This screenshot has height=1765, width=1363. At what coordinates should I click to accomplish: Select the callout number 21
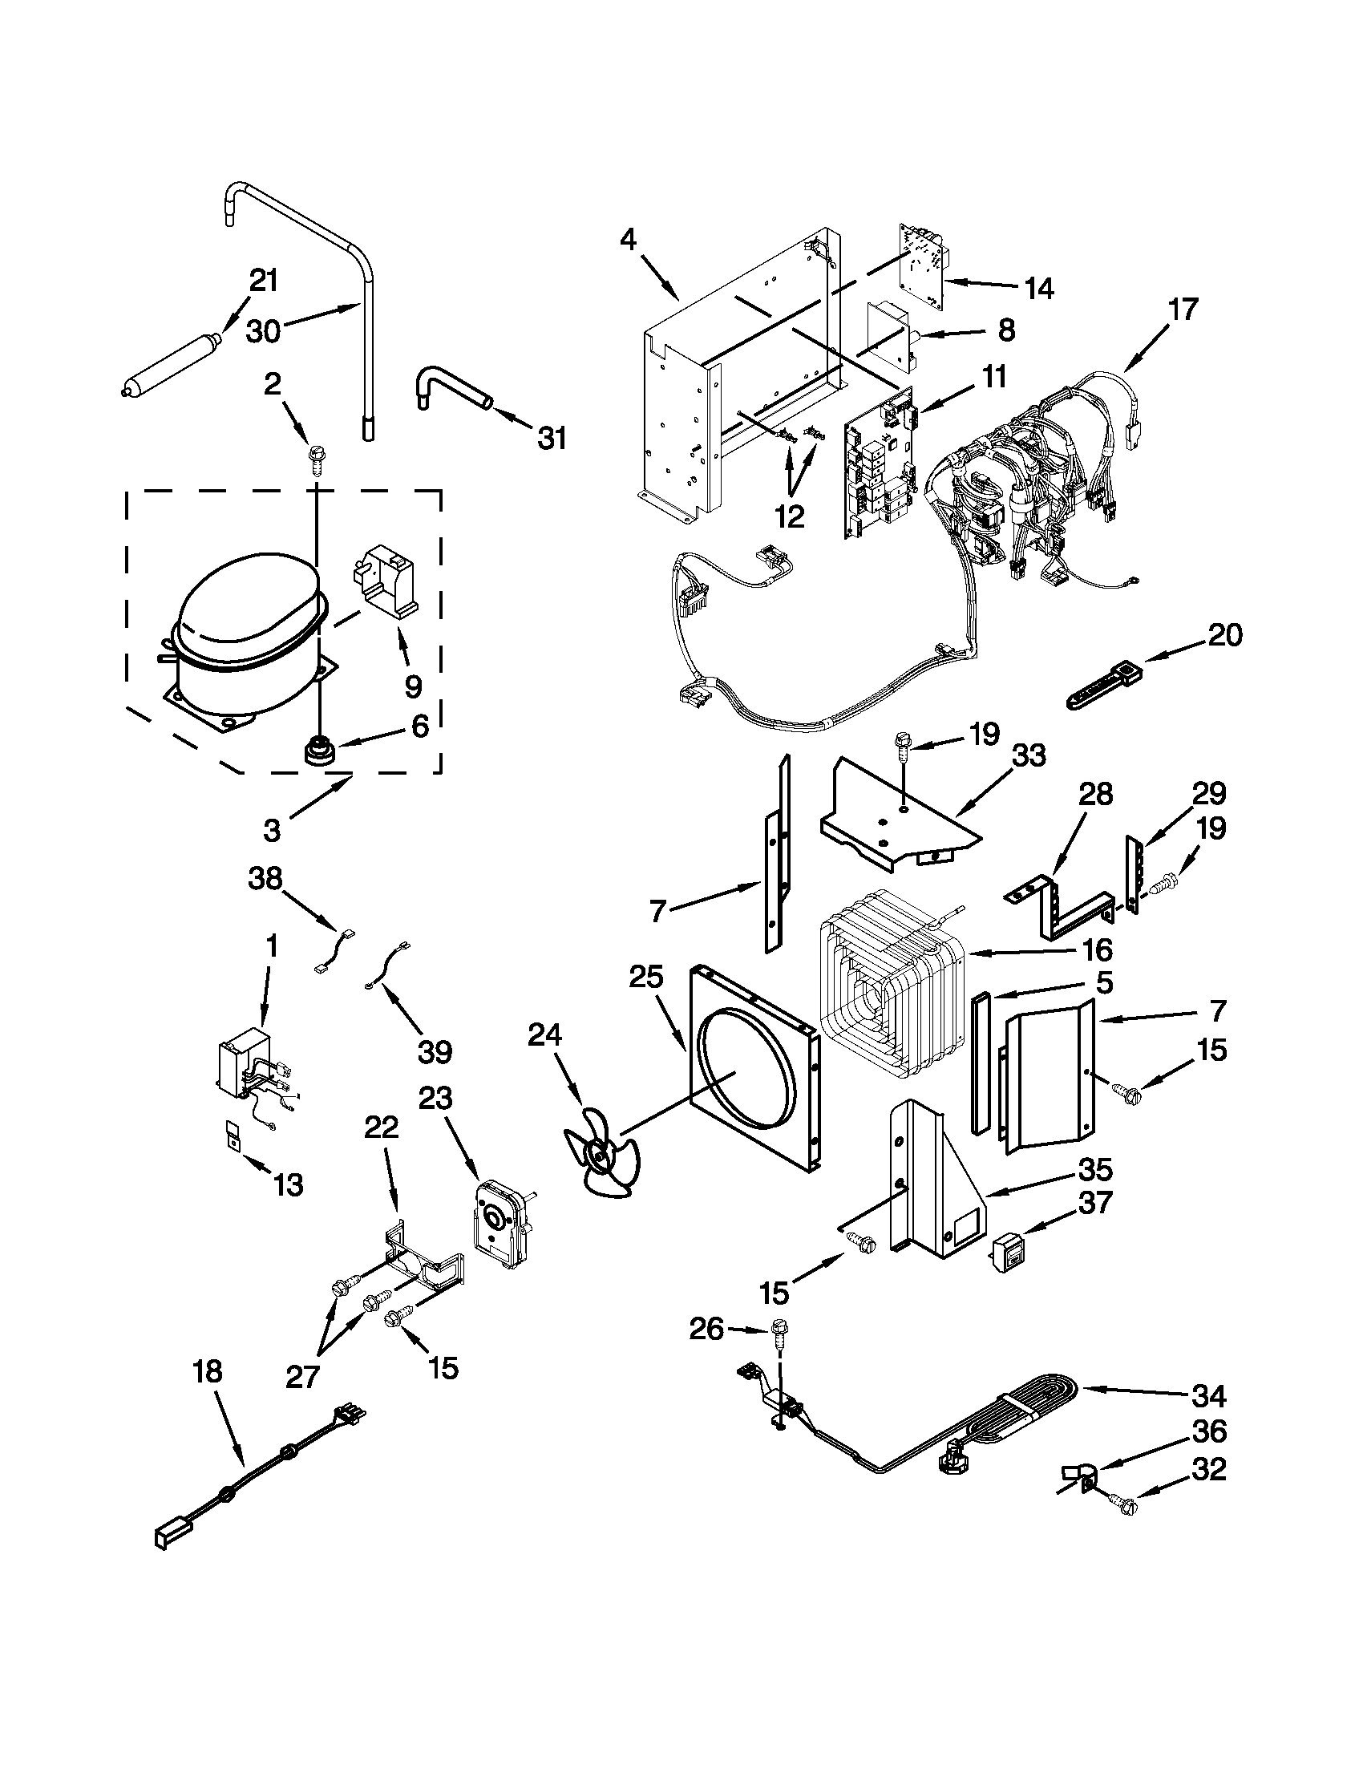264,281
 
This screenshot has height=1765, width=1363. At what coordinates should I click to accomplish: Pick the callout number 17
1183,309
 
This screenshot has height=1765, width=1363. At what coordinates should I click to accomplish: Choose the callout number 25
646,977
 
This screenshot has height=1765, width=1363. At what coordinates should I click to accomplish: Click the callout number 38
265,878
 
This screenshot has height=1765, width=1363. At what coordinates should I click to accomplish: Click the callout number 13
289,1184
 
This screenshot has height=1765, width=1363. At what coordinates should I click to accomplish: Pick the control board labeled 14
924,267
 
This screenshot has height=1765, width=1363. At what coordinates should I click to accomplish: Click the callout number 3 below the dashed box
272,830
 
